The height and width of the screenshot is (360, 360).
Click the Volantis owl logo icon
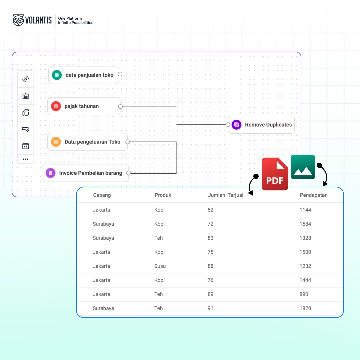tap(18, 20)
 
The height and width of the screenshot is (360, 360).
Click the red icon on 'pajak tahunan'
tap(56, 106)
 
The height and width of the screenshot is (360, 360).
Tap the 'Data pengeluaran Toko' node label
tap(92, 142)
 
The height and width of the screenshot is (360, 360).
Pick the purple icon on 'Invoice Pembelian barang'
tap(50, 173)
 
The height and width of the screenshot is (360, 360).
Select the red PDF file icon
tap(275, 174)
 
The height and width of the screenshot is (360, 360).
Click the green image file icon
tap(303, 167)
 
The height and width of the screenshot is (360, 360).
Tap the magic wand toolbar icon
tap(26, 79)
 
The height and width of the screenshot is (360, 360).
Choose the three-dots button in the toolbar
tap(26, 159)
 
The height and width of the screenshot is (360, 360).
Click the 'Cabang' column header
tap(102, 195)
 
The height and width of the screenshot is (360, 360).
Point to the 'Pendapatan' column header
tap(313, 195)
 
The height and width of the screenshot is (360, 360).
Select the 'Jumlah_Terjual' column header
tap(225, 195)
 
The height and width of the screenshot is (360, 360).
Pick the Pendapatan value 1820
tap(305, 308)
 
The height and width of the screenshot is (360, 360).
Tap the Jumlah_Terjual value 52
tap(210, 210)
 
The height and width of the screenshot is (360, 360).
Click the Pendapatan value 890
tap(304, 294)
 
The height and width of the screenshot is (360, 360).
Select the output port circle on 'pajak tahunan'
tap(120, 107)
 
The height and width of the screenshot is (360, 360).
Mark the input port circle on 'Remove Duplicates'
tap(228, 125)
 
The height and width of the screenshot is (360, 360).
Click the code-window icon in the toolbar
tap(26, 146)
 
